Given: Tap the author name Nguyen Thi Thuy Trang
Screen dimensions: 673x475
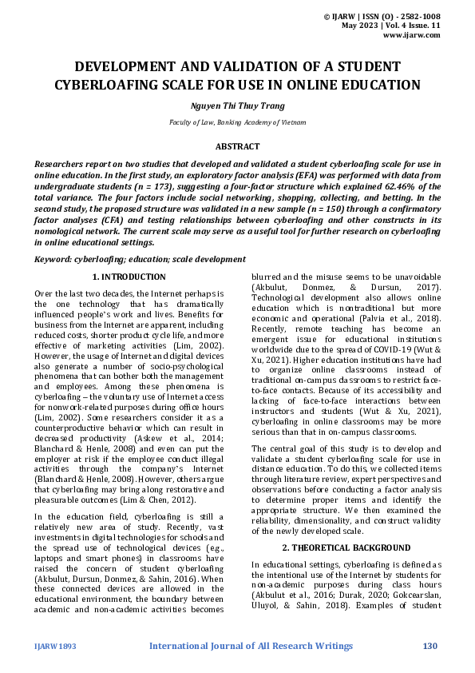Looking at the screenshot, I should (237, 106).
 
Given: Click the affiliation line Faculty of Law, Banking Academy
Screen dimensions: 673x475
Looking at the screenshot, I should (237, 123).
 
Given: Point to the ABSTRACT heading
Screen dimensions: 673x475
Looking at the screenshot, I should (237, 146).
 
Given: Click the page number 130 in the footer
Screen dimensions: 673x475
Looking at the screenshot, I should (431, 644).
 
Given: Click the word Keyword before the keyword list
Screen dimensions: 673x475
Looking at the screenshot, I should (53, 259).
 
